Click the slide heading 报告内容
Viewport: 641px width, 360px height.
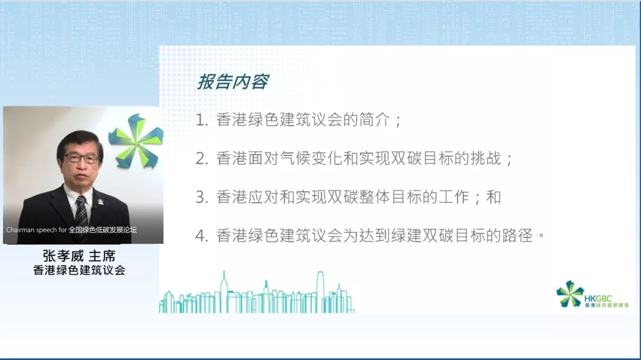(233, 82)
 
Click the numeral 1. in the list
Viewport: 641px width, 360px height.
(202, 120)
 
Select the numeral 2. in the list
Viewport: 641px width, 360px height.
(202, 158)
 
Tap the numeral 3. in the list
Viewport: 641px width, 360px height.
(202, 197)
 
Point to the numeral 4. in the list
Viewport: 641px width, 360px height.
(202, 236)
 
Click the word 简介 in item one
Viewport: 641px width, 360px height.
(375, 120)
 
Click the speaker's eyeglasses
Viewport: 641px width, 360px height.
(82, 158)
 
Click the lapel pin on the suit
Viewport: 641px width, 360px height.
(100, 202)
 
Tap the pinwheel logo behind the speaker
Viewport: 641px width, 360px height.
(136, 141)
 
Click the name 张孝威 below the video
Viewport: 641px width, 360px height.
(63, 256)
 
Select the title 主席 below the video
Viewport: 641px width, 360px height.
(102, 256)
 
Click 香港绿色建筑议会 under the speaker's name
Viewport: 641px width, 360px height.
(79, 270)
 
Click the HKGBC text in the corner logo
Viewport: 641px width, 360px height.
(598, 299)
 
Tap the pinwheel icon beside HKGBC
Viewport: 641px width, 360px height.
(570, 294)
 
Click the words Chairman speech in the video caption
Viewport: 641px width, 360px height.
(31, 230)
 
